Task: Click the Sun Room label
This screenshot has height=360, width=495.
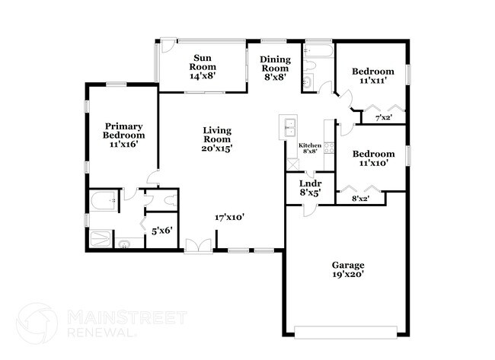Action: click(x=202, y=66)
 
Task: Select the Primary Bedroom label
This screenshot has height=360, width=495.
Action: click(x=124, y=135)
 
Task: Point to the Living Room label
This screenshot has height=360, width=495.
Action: click(x=217, y=139)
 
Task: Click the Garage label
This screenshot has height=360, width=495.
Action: click(x=347, y=269)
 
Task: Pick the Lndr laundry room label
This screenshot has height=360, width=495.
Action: click(x=309, y=187)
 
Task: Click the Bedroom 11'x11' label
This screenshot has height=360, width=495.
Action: click(x=373, y=75)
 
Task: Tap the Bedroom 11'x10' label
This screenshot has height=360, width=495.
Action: click(x=373, y=158)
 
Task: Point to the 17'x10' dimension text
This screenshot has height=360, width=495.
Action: click(x=228, y=217)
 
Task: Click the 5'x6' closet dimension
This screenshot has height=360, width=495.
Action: click(x=162, y=230)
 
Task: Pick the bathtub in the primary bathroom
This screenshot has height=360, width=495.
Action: click(x=102, y=202)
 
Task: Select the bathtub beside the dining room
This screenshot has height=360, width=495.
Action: click(x=317, y=54)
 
